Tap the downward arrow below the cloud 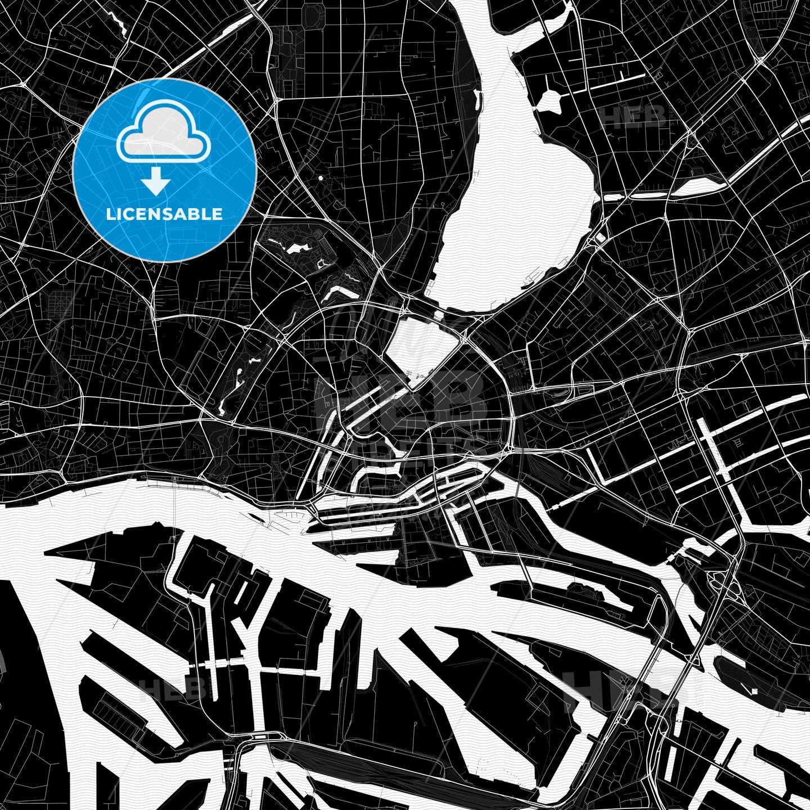point(156,183)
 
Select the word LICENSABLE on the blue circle point(164,214)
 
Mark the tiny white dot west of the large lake point(320,178)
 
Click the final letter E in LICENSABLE point(218,214)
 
